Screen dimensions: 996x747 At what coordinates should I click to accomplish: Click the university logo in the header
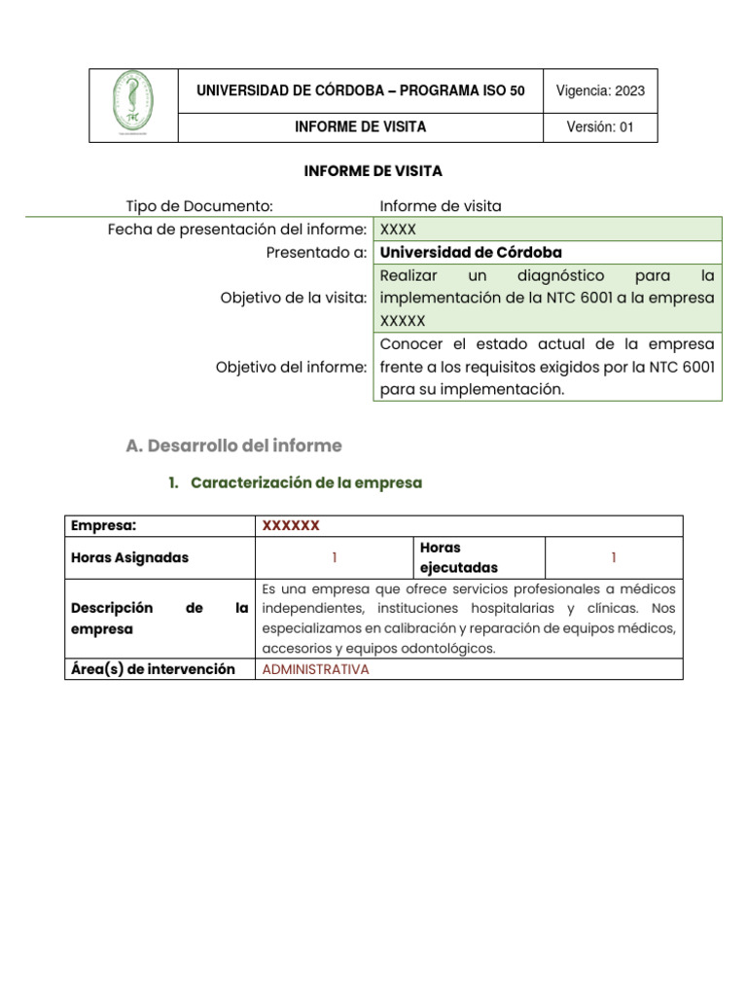133,105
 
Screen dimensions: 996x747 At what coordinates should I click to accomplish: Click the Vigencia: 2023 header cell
599,91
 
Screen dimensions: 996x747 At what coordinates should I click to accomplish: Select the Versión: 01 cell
599,127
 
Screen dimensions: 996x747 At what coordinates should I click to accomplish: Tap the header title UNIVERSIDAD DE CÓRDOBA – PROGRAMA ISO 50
360,91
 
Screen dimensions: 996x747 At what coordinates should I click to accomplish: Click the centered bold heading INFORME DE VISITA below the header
373,171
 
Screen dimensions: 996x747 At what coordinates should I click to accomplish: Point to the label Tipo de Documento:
199,205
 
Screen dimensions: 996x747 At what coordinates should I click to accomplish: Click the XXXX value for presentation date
398,230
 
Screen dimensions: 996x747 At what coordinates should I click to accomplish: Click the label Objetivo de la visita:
294,298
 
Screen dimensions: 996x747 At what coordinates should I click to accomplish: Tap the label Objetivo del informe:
292,367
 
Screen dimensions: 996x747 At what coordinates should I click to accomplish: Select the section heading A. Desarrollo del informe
234,445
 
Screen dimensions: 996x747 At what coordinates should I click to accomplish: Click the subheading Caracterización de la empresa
306,482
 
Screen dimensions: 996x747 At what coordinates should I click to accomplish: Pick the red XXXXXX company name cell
291,526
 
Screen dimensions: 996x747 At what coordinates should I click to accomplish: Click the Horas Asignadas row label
130,557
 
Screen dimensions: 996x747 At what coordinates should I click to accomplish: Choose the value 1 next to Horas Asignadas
334,557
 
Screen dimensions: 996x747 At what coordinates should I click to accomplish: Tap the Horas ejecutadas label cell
458,557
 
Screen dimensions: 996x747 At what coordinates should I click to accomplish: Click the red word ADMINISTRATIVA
316,669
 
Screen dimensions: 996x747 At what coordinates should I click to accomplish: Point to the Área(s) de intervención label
154,669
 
